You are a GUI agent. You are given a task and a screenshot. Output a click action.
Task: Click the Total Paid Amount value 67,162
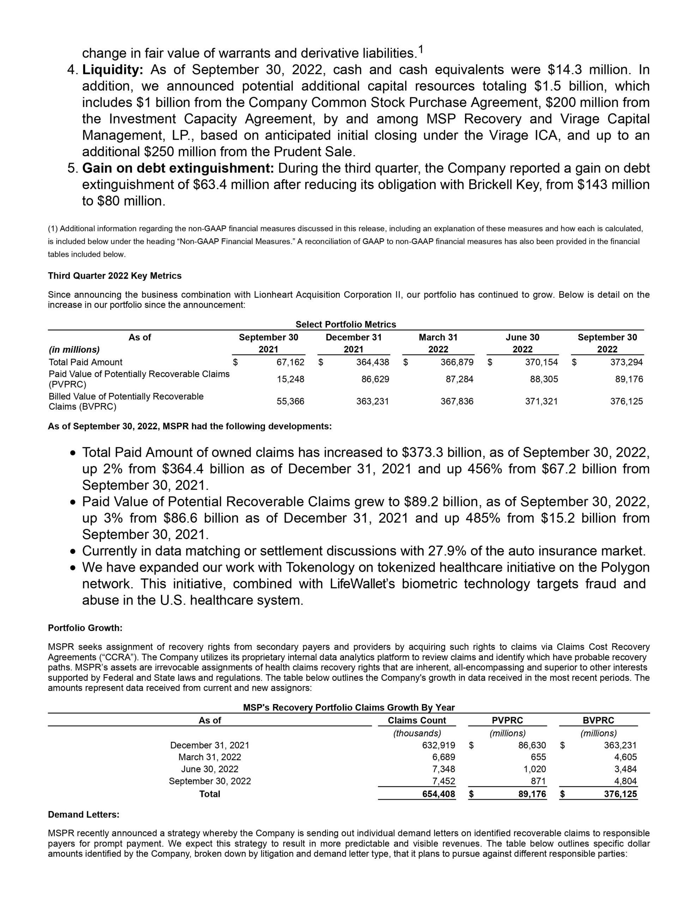pyautogui.click(x=290, y=362)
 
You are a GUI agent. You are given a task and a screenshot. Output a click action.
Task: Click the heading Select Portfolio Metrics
pyautogui.click(x=345, y=325)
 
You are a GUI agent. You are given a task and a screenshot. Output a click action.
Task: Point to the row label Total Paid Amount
pyautogui.click(x=86, y=362)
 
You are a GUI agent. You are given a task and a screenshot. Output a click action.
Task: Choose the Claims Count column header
pyautogui.click(x=417, y=720)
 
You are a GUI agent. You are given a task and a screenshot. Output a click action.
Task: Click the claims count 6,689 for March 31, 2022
pyautogui.click(x=443, y=757)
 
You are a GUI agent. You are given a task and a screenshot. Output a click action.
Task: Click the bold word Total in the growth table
pyautogui.click(x=210, y=794)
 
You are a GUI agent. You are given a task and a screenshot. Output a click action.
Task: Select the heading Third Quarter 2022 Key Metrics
pyautogui.click(x=115, y=276)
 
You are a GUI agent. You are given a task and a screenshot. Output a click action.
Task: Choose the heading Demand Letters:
pyautogui.click(x=84, y=814)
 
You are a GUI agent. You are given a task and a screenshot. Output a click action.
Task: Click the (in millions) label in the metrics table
pyautogui.click(x=74, y=350)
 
